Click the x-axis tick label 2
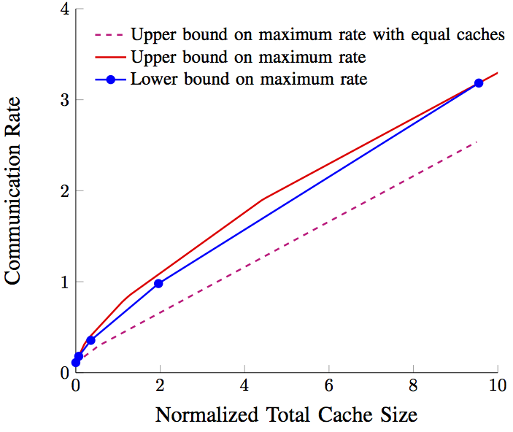pyautogui.click(x=160, y=387)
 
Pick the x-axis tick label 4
pyautogui.click(x=244, y=387)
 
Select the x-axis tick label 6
pyautogui.click(x=329, y=387)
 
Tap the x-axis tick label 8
pyautogui.click(x=413, y=387)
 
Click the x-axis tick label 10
pyautogui.click(x=498, y=387)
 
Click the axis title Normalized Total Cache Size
pyautogui.click(x=286, y=415)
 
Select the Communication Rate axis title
pyautogui.click(x=15, y=192)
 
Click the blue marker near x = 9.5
pyautogui.click(x=479, y=83)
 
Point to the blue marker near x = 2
pyautogui.click(x=158, y=283)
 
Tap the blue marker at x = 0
pyautogui.click(x=76, y=362)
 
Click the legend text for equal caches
pyautogui.click(x=317, y=35)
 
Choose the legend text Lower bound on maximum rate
pyautogui.click(x=249, y=79)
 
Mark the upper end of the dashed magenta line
pyautogui.click(x=477, y=142)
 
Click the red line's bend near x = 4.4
pyautogui.click(x=262, y=199)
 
